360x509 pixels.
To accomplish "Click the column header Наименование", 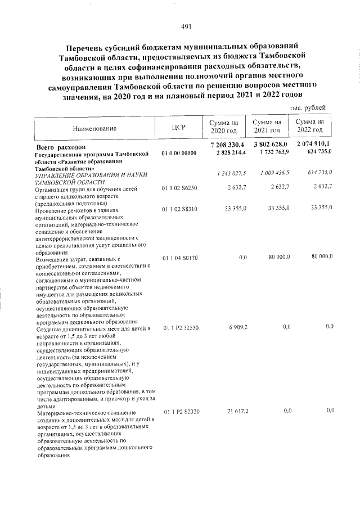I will [94, 128].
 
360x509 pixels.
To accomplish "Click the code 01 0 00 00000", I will [179, 154].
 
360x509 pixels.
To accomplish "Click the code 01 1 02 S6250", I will [179, 194].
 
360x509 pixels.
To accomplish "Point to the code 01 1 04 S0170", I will [179, 257].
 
